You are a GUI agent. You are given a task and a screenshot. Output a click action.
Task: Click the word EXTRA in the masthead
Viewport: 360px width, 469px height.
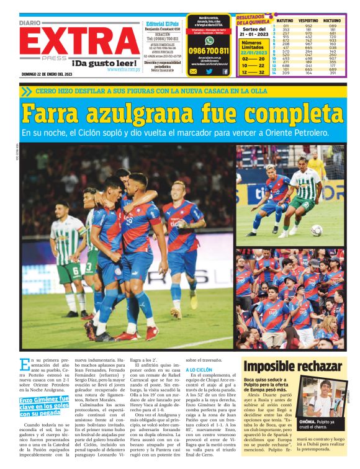(81, 42)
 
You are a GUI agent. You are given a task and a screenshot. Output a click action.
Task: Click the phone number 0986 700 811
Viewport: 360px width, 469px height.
(209, 51)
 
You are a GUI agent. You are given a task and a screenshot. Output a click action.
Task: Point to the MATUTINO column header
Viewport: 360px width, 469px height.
(285, 20)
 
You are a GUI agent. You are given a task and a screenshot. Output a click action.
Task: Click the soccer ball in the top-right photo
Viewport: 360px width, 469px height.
(317, 230)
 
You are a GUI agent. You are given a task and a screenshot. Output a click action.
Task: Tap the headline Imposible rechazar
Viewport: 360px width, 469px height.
(292, 366)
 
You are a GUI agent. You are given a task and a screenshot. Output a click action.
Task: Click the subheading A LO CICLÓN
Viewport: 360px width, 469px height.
(199, 369)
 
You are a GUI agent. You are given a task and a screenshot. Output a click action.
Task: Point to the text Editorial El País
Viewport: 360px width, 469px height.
(163, 22)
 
